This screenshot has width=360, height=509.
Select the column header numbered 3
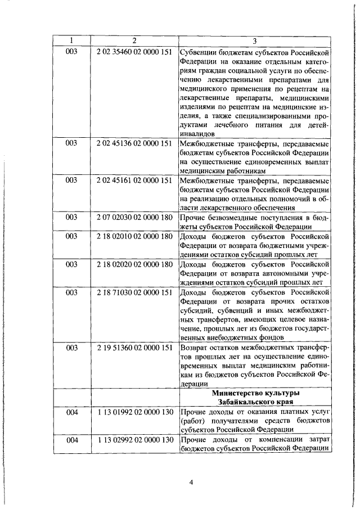tap(254, 41)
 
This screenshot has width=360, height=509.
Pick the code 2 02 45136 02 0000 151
tap(134, 143)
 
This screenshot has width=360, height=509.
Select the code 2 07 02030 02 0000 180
tap(134, 218)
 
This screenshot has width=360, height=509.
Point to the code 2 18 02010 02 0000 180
tap(134, 236)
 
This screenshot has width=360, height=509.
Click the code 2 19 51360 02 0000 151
tap(134, 348)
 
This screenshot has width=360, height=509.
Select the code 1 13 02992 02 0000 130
tap(134, 439)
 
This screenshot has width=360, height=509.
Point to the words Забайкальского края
tap(254, 402)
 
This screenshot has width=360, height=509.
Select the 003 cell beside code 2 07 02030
tap(71, 218)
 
